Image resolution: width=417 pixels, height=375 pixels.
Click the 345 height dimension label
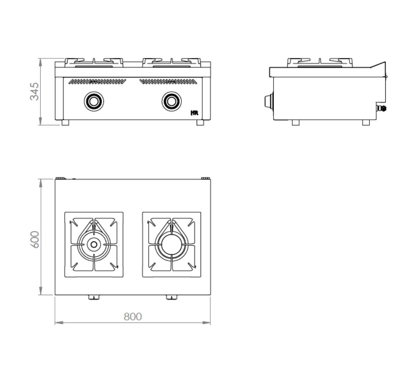click(x=34, y=92)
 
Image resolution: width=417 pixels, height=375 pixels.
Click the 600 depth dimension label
click(x=35, y=240)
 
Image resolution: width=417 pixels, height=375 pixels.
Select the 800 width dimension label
click(x=133, y=317)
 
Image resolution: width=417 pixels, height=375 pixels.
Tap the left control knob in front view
click(x=94, y=101)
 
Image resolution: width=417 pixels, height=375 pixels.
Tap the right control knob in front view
click(x=172, y=101)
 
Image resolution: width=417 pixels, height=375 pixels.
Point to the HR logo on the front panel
click(x=194, y=113)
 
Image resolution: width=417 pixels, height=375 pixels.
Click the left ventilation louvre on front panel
click(x=97, y=82)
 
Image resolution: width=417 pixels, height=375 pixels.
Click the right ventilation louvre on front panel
click(x=168, y=82)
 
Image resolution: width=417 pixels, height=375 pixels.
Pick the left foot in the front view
click(x=65, y=123)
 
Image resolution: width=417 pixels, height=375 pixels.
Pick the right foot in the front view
click(x=200, y=123)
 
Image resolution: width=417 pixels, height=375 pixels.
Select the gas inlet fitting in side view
click(x=381, y=108)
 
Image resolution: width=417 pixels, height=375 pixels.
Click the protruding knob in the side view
click(x=269, y=101)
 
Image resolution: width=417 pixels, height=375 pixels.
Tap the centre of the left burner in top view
click(x=94, y=244)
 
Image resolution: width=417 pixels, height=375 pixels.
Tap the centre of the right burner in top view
click(x=172, y=244)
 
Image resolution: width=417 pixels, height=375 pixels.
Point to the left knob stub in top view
click(x=94, y=297)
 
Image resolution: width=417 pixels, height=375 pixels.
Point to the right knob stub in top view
click(x=172, y=297)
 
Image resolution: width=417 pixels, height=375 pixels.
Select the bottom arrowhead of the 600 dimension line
click(x=41, y=291)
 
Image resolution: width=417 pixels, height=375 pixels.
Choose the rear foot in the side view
click(x=366, y=123)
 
